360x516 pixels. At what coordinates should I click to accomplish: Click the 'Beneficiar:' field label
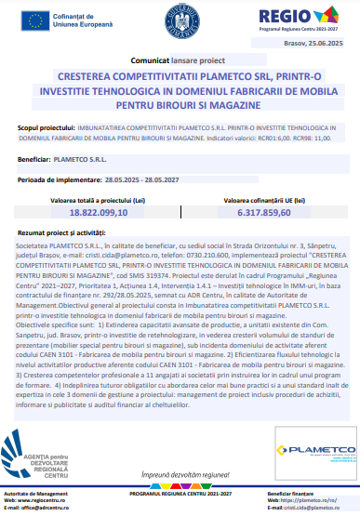tap(33, 159)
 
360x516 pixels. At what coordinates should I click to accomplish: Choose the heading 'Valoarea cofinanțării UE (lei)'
tap(258, 199)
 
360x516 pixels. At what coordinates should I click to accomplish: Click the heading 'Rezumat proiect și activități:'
tap(61, 232)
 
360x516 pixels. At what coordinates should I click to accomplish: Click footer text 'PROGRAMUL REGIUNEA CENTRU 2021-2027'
tap(180, 493)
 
